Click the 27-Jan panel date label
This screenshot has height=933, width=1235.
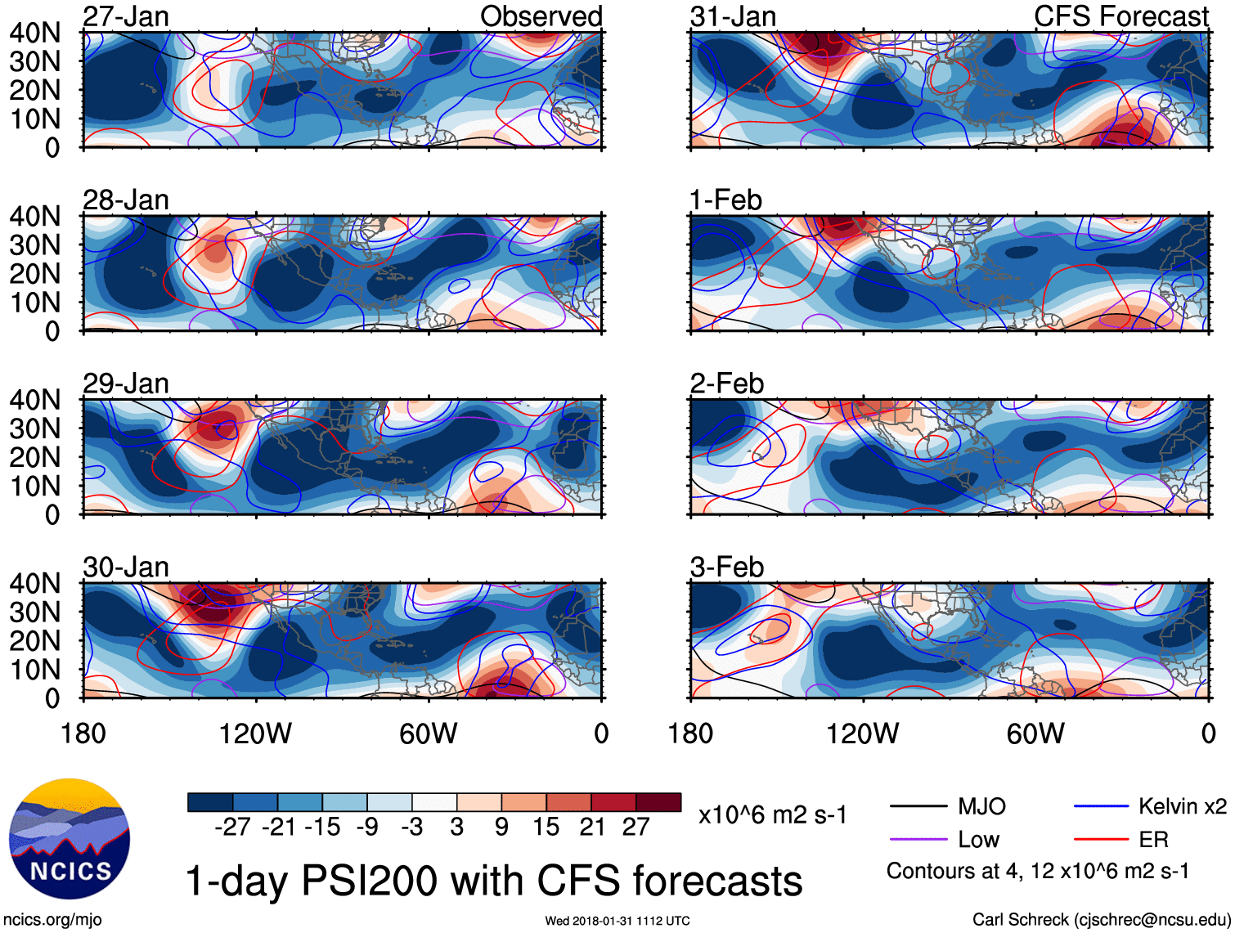point(125,16)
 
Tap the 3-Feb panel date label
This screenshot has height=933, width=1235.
point(726,567)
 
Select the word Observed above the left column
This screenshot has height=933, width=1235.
point(541,16)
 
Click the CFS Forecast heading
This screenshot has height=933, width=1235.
point(1120,16)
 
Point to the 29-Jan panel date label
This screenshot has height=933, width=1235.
point(125,384)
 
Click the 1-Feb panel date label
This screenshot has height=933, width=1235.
point(725,200)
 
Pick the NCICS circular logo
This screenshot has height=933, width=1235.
point(70,839)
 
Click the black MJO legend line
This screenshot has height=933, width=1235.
point(918,807)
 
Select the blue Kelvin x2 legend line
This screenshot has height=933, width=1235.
point(1101,807)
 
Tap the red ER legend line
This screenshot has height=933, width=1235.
point(1101,839)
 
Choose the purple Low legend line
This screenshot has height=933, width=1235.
point(918,839)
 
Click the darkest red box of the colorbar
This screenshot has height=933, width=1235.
point(658,802)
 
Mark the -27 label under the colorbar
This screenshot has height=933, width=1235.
point(232,828)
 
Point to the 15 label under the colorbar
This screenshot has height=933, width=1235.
point(546,828)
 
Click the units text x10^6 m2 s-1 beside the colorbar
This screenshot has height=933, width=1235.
point(773,815)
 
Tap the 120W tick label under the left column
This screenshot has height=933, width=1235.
point(255,733)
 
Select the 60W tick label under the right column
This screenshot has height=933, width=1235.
point(1035,733)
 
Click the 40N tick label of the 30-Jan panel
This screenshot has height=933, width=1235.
point(34,583)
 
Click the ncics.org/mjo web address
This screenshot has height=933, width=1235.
point(52,920)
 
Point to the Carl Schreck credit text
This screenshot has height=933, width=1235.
point(1101,920)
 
